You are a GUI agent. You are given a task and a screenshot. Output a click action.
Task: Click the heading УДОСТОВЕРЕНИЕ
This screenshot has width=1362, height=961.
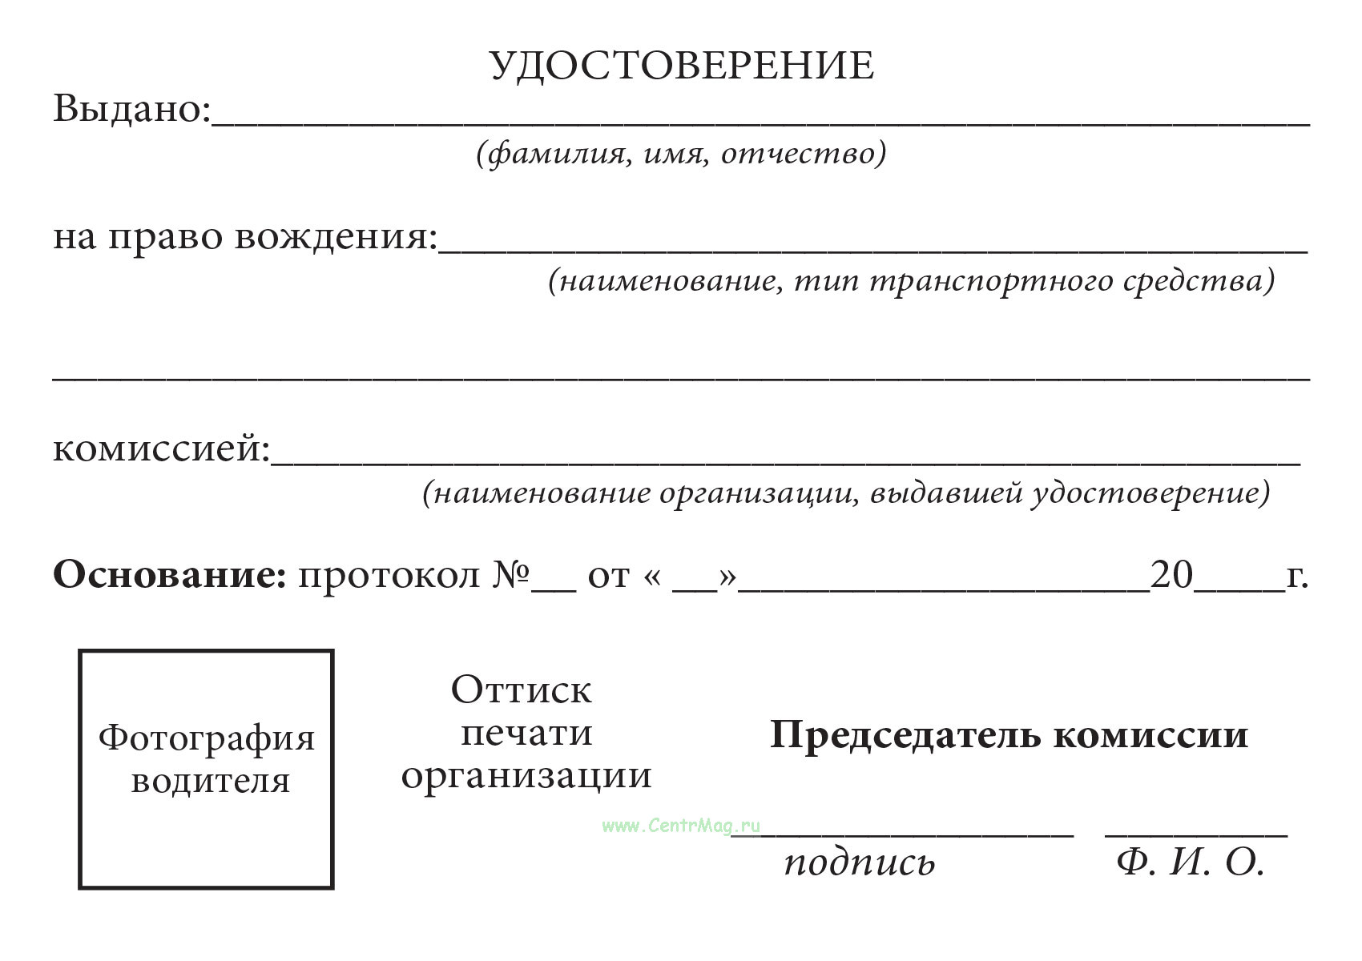(681, 66)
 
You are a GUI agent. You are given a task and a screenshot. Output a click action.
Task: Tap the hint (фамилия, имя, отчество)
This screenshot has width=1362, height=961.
(681, 152)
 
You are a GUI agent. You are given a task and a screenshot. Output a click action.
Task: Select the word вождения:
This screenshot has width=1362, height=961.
(336, 237)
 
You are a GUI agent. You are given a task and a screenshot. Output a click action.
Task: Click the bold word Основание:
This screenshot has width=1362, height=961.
(169, 575)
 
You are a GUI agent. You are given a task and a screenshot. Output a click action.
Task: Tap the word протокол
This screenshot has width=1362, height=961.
(389, 575)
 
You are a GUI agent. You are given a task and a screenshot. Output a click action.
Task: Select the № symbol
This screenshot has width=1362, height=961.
(510, 575)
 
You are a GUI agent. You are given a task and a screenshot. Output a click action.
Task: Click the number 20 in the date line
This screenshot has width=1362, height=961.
(1171, 575)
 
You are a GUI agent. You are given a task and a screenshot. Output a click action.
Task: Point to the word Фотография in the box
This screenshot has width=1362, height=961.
(207, 738)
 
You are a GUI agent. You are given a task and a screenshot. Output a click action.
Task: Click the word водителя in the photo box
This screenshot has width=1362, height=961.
(210, 780)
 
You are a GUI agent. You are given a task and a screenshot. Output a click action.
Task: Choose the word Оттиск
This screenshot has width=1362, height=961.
(522, 690)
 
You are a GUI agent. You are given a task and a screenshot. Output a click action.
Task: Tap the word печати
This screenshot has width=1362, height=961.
(526, 732)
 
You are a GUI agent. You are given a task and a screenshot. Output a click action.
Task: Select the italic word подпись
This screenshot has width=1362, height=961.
(859, 863)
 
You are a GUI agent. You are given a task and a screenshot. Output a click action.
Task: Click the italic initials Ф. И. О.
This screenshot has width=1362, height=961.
(1190, 862)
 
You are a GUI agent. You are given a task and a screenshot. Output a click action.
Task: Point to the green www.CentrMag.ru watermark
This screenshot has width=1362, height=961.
(680, 826)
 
